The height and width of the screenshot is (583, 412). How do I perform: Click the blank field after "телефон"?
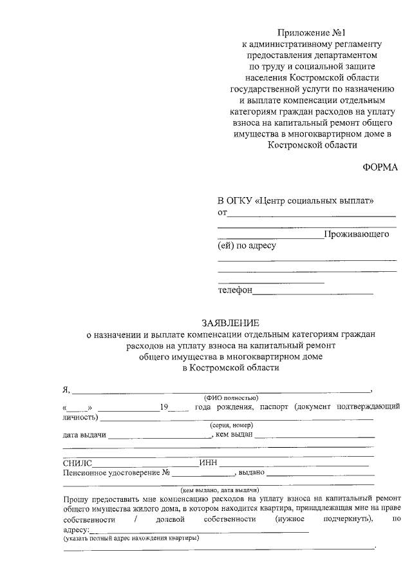[313, 291]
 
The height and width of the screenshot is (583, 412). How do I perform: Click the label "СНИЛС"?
[78, 463]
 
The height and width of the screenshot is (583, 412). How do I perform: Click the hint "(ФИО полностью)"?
[231, 399]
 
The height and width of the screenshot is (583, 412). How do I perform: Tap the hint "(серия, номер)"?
[231, 426]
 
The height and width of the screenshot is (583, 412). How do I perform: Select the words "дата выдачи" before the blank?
[84, 435]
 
